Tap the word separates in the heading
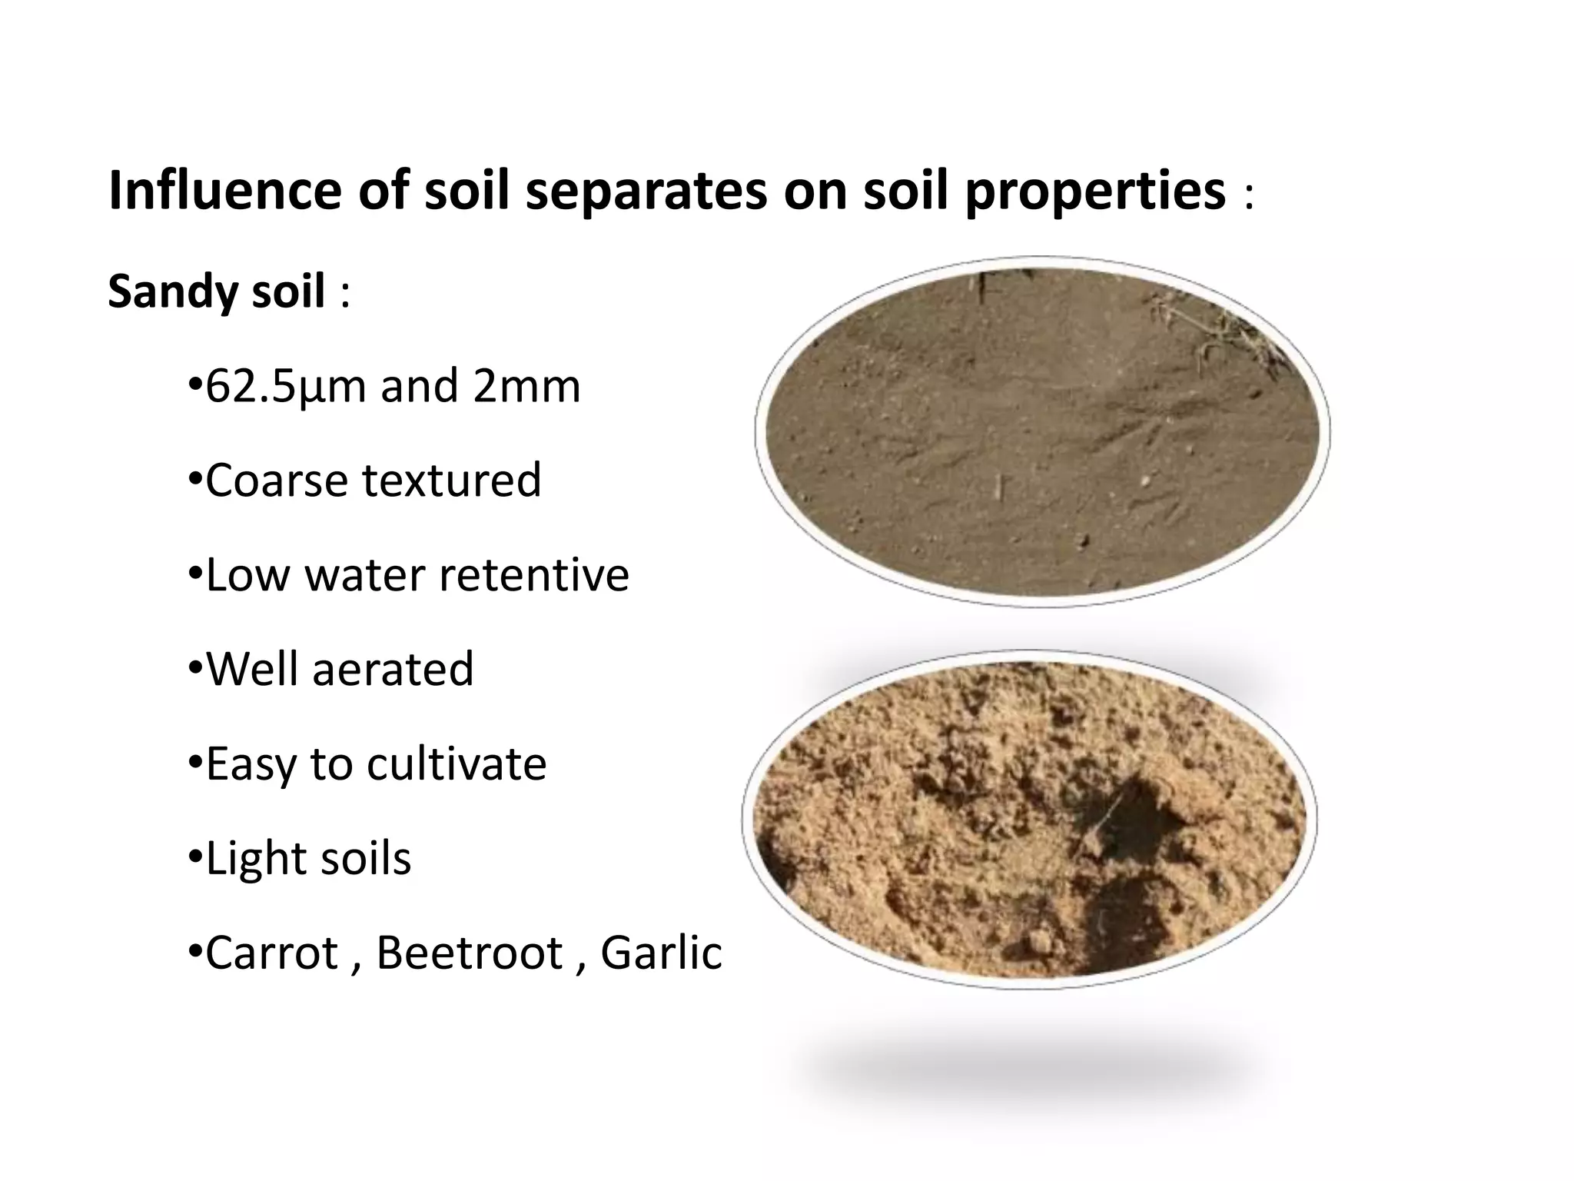tap(646, 191)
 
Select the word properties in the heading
tap(1095, 191)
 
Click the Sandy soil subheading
tap(216, 293)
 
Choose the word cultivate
tap(457, 763)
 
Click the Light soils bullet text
tap(308, 858)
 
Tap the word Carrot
tap(272, 953)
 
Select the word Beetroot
tap(470, 953)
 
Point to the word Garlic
tap(661, 953)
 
